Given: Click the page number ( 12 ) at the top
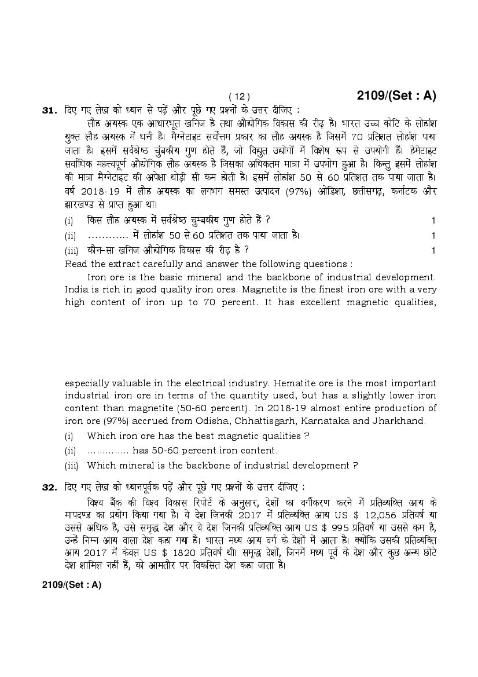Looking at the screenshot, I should point(239,97).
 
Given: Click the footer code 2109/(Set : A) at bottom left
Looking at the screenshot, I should point(72,585).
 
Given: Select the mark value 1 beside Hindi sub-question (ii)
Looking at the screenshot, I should point(433,235).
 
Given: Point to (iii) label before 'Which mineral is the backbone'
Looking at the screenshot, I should point(70,465).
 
